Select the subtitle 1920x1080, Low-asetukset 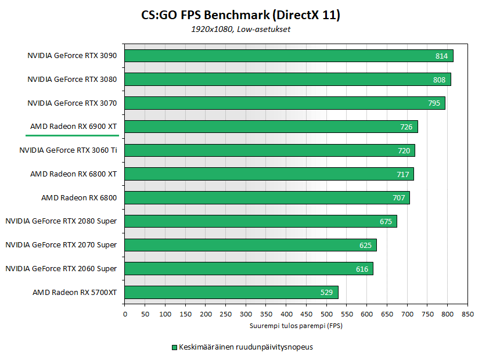(x=240, y=29)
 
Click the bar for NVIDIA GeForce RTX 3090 (x=289, y=56)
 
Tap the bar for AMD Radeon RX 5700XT (x=231, y=292)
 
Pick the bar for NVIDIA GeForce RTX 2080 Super (x=261, y=221)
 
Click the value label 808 (x=439, y=80)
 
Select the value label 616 (x=362, y=269)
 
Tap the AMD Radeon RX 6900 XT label (x=73, y=127)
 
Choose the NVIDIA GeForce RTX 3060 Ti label (x=68, y=150)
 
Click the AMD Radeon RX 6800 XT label (x=73, y=174)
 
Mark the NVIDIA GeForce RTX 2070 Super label (x=61, y=245)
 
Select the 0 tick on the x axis (x=125, y=314)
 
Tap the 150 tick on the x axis (x=185, y=314)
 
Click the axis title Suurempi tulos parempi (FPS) (x=296, y=326)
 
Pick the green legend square (x=173, y=347)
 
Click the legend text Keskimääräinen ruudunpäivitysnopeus (x=246, y=347)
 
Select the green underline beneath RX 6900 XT (x=72, y=135)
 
